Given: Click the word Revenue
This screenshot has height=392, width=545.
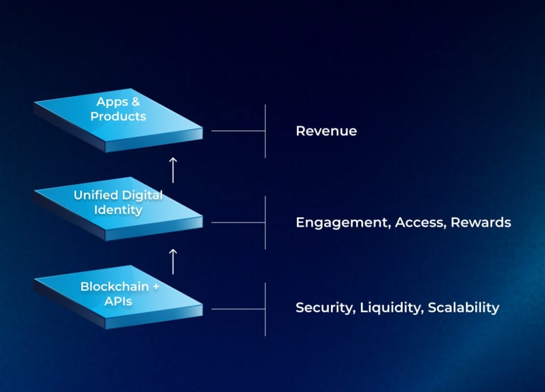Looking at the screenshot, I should click(326, 131).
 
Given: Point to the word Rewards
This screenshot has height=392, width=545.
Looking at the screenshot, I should click(481, 222).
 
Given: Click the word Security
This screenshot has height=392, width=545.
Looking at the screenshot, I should click(325, 308).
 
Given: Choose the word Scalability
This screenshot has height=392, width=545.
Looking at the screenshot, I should click(464, 308).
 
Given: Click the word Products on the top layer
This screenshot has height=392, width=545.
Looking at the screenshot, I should click(118, 116).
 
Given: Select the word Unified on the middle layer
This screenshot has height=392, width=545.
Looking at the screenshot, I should click(94, 195).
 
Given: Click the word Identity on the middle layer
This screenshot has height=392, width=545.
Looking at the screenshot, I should click(118, 210).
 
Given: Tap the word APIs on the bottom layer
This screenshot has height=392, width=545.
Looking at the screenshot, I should click(118, 301).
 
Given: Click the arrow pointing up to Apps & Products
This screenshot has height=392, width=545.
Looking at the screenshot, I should click(172, 169).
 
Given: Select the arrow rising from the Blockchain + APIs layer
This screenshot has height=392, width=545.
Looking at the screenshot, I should click(172, 259).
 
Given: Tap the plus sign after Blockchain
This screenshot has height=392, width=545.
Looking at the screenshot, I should click(156, 287).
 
